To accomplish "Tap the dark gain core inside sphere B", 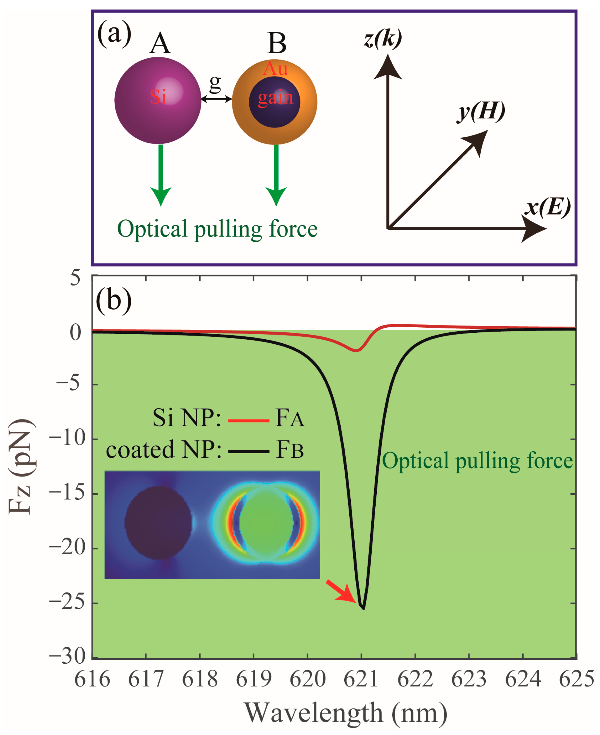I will (274, 102).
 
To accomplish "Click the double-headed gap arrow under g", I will (216, 99).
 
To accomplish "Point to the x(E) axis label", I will (547, 208).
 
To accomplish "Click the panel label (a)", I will (114, 34).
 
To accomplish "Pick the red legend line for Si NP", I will (248, 421).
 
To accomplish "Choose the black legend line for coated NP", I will (248, 452).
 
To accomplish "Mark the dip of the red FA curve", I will (356, 351).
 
